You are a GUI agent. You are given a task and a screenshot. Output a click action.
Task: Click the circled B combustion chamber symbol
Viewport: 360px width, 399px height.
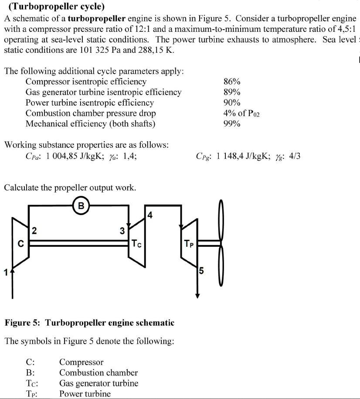click(x=81, y=205)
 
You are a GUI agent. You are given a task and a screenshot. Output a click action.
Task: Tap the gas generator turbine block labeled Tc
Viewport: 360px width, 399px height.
click(x=136, y=243)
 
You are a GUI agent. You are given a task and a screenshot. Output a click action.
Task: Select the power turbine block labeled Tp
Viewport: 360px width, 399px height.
click(x=188, y=244)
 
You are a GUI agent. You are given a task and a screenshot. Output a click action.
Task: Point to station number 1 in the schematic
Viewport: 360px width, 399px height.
click(x=5, y=273)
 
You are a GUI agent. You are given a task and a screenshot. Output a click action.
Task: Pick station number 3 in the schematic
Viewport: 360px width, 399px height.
click(x=123, y=231)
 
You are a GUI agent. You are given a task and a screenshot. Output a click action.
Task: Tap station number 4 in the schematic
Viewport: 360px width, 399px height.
click(x=149, y=215)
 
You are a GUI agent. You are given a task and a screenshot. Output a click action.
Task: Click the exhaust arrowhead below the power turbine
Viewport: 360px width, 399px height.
click(x=197, y=295)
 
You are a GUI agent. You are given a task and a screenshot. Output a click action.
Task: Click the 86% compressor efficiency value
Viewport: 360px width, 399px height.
click(x=231, y=82)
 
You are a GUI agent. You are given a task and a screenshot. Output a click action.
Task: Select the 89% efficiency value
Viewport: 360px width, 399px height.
click(x=231, y=92)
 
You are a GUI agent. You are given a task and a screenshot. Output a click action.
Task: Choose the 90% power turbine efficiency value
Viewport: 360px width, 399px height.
click(x=231, y=102)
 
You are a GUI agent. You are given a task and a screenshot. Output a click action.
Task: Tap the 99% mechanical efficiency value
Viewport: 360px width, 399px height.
click(x=231, y=123)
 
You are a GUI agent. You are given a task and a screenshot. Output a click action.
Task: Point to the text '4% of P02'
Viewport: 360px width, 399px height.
click(x=241, y=113)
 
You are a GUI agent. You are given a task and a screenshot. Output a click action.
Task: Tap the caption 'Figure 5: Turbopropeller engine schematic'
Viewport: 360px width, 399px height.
click(x=89, y=323)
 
